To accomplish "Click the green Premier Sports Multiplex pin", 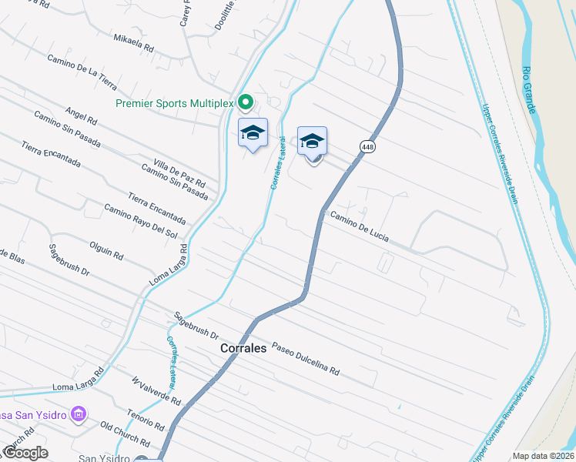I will [x=246, y=102].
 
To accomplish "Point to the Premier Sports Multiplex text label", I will [x=175, y=102].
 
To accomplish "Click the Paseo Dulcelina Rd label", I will [x=304, y=358].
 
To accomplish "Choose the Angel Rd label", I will [x=82, y=115].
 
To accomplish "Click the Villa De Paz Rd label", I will [x=179, y=174].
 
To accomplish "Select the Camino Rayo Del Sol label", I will [x=141, y=221].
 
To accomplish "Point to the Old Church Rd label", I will [x=125, y=434].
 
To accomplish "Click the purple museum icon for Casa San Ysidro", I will [x=78, y=415].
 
